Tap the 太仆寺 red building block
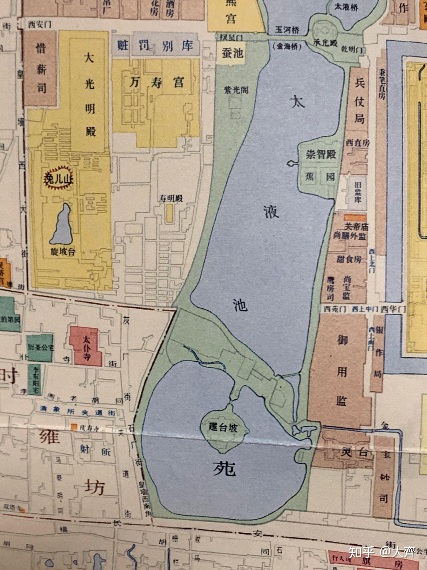(87, 347)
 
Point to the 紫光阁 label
(236, 90)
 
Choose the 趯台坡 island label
(223, 428)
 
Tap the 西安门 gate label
(40, 25)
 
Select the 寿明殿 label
(170, 198)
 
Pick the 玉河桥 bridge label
(287, 30)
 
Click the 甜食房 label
(349, 259)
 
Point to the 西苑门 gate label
(335, 309)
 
